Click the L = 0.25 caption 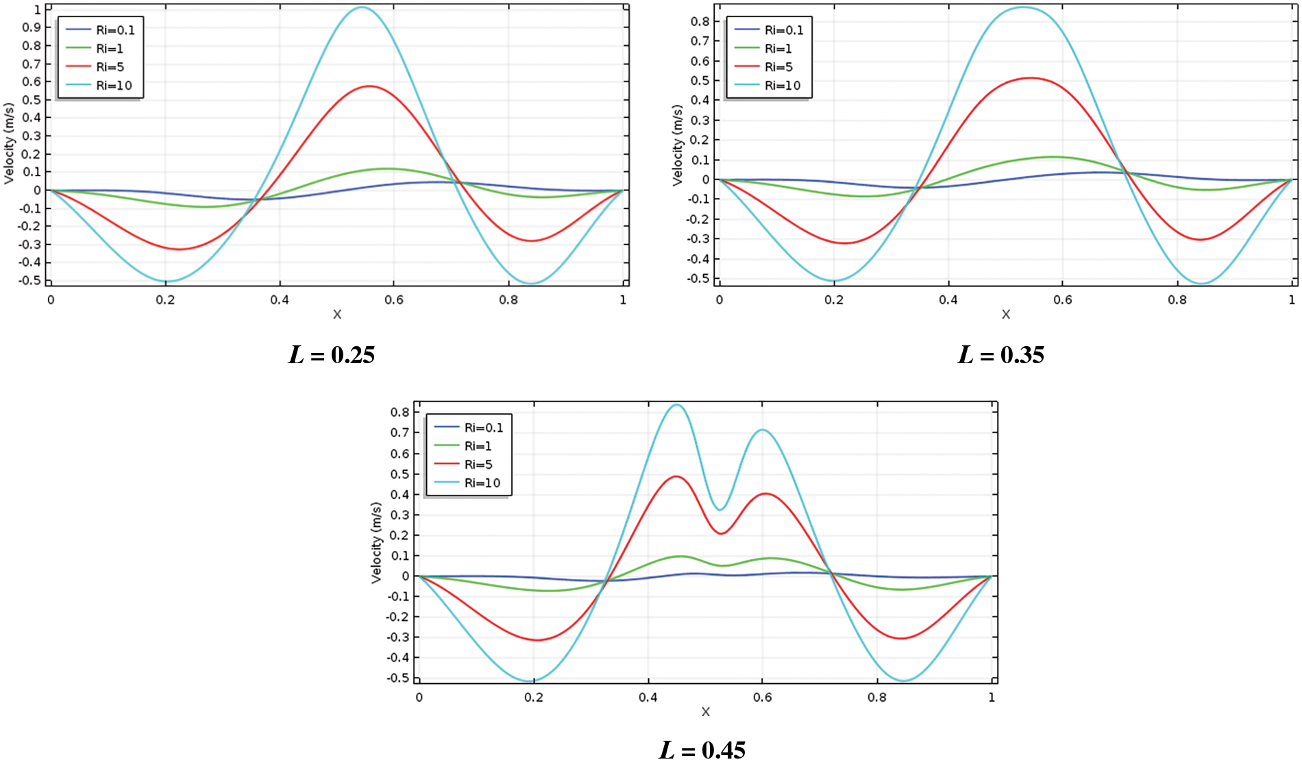332,355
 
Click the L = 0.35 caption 1000,355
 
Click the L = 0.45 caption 702,750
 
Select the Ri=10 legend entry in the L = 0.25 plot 114,86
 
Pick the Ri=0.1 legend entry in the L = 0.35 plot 783,30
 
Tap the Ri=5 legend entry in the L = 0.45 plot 478,465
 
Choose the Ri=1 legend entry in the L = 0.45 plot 478,446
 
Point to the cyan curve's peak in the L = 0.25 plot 362,8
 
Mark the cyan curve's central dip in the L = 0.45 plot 720,510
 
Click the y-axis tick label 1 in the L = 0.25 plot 38,10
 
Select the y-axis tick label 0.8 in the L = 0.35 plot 700,21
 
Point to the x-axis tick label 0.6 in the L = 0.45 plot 762,698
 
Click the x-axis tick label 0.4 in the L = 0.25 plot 279,300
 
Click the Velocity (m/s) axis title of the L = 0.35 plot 678,145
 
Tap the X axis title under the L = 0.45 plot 705,712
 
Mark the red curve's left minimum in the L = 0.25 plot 180,249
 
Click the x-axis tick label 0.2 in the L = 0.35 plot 833,300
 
